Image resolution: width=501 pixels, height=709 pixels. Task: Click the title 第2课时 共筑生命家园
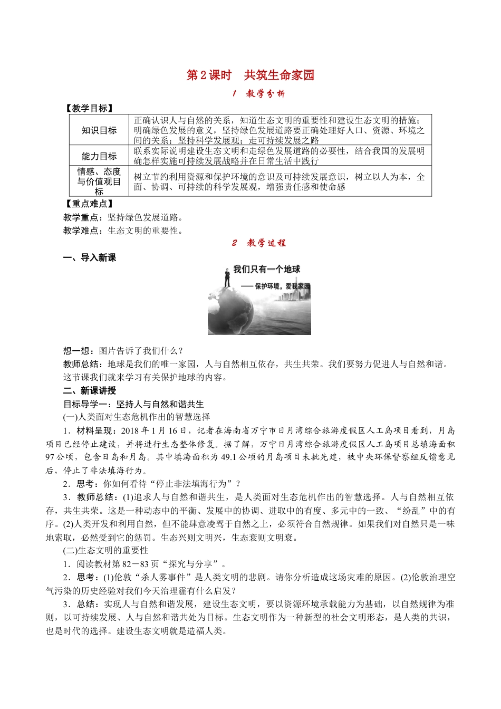coord(250,75)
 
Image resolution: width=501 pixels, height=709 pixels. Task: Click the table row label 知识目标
coord(99,130)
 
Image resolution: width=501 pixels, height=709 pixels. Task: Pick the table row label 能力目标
coord(99,156)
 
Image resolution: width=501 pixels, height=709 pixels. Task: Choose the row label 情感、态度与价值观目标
coord(99,181)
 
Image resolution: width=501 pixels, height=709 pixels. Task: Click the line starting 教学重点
coord(123,217)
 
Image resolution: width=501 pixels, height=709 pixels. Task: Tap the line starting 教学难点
coord(123,231)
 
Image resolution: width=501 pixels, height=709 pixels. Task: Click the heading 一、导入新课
coord(90,257)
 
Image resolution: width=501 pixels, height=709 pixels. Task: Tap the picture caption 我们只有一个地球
coord(267,270)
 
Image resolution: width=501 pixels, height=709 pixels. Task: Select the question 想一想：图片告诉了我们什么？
coord(123,351)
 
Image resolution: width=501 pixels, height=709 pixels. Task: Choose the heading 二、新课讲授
coord(90,390)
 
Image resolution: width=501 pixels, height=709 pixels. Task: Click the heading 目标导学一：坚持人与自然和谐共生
coord(133,404)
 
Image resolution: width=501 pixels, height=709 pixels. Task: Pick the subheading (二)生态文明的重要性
coord(105,550)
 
